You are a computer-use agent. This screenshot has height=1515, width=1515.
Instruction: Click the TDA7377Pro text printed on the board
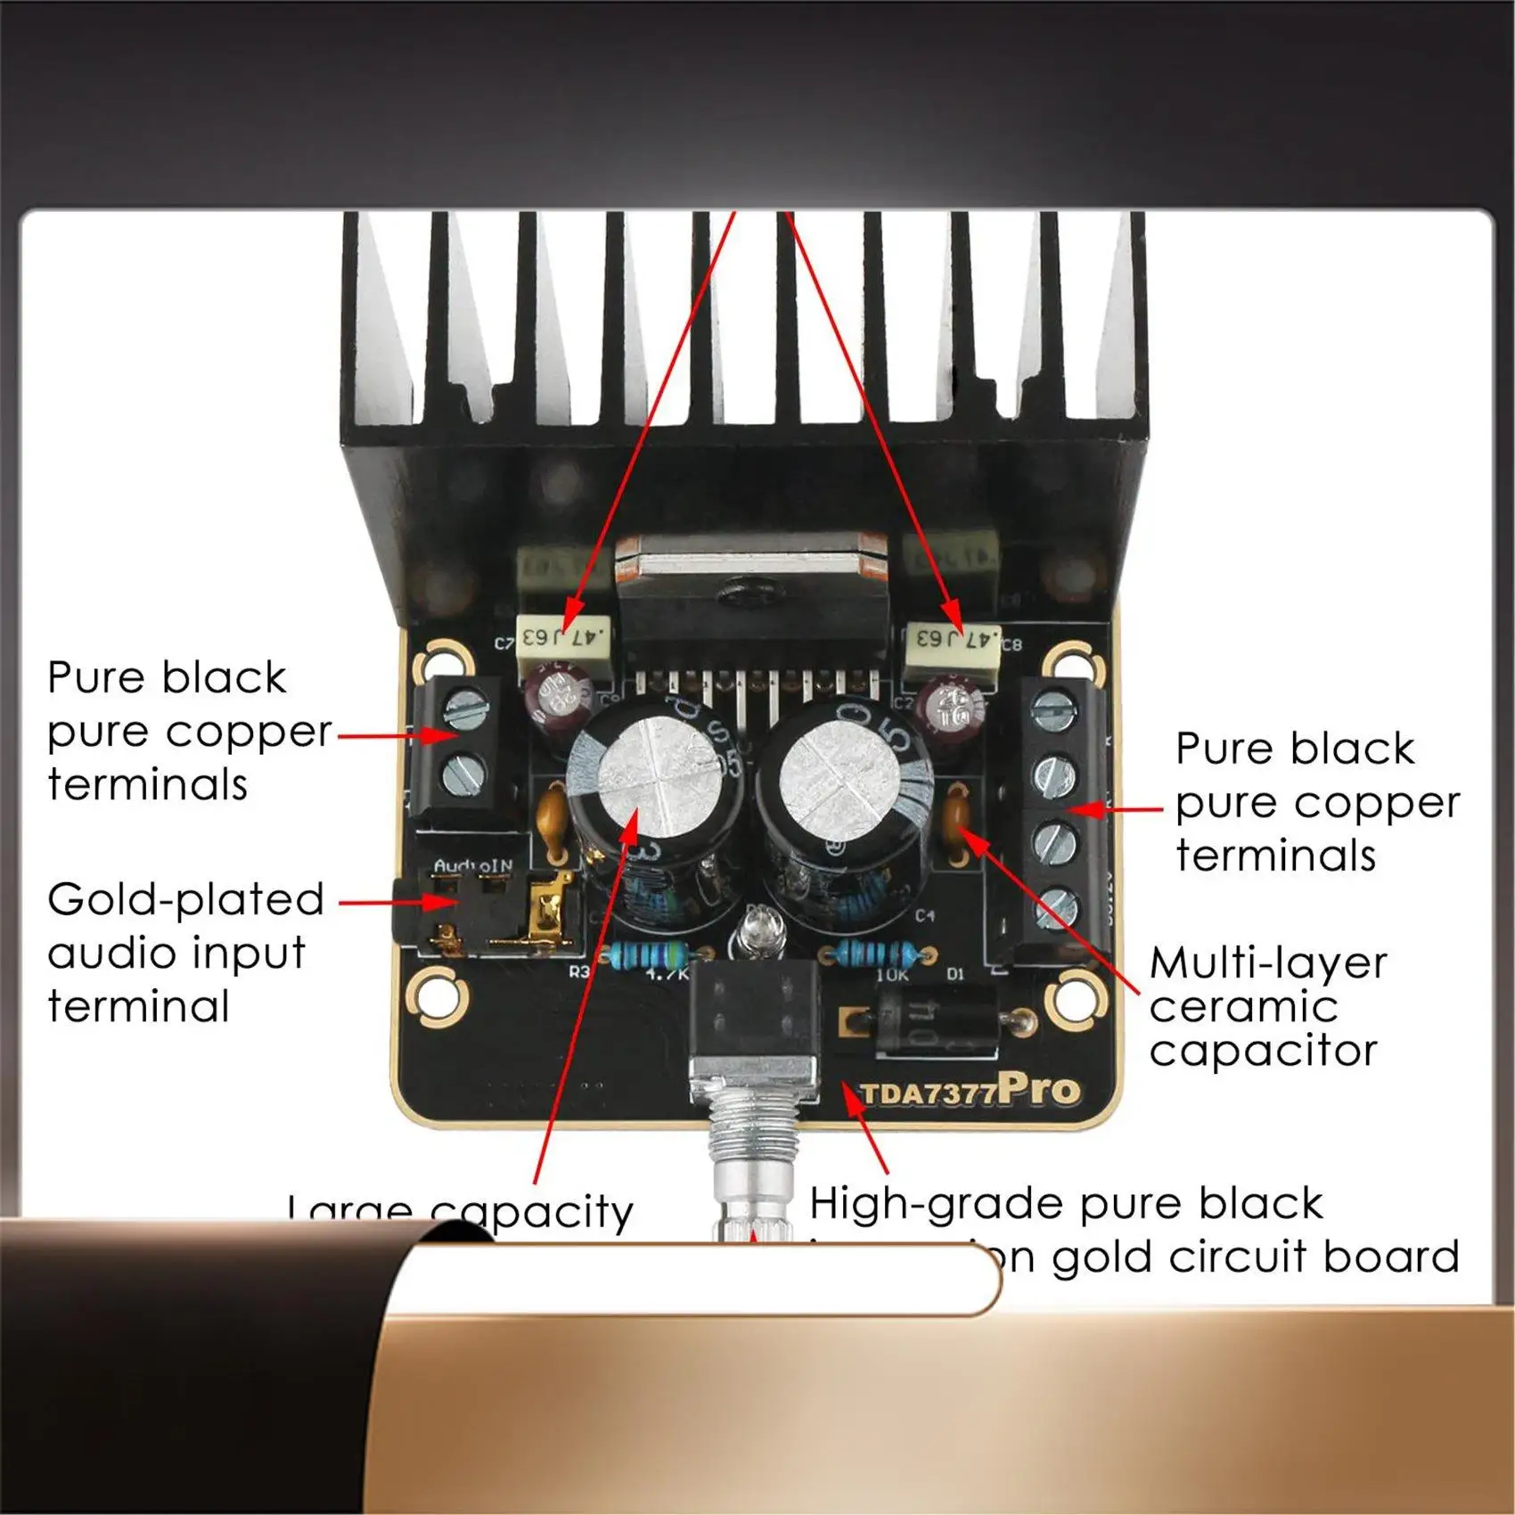pos(969,1092)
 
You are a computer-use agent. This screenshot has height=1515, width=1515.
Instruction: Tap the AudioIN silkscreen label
pos(473,865)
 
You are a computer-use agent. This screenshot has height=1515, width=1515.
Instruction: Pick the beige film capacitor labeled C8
pos(953,639)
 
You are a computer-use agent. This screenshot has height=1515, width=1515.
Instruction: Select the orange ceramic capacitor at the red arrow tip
pos(957,823)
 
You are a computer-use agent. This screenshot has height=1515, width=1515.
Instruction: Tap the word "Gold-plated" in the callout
pos(185,900)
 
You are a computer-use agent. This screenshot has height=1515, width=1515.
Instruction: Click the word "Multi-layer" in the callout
pos(1268,963)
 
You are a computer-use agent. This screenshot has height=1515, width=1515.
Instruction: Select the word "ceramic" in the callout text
pos(1243,1007)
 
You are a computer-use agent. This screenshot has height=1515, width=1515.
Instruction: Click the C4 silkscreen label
pos(925,915)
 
